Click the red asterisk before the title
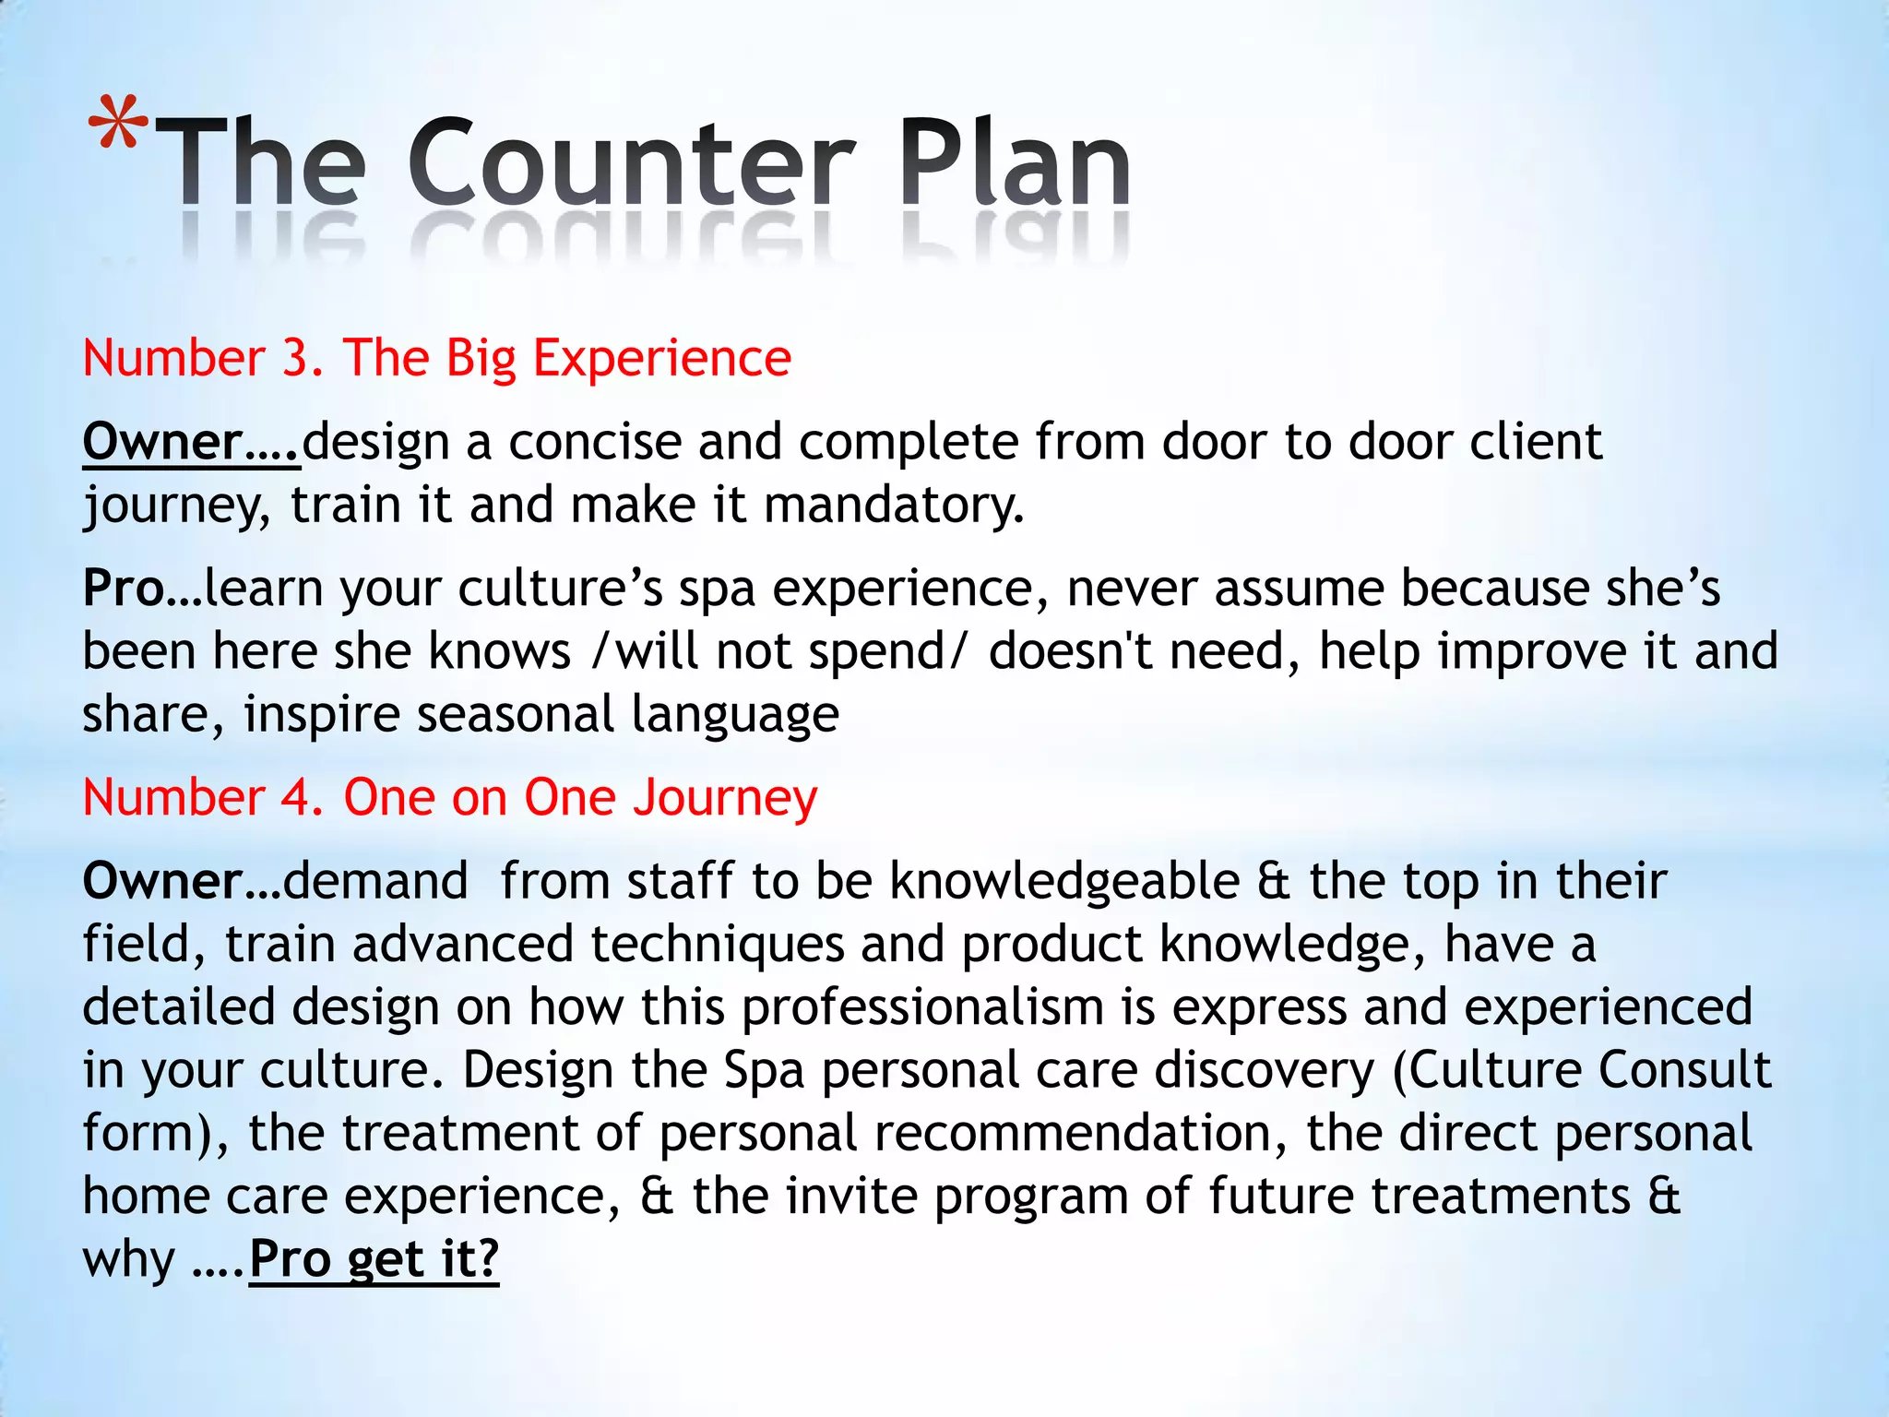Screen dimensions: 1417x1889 click(118, 124)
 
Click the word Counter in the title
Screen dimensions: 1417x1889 click(631, 163)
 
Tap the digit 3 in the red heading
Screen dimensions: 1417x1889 click(296, 358)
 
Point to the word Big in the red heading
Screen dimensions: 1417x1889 click(481, 360)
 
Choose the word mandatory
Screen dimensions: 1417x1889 click(894, 506)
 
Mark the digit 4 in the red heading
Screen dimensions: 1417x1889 click(296, 798)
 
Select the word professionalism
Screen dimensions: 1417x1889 click(922, 1007)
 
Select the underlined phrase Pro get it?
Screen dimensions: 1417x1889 click(374, 1259)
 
